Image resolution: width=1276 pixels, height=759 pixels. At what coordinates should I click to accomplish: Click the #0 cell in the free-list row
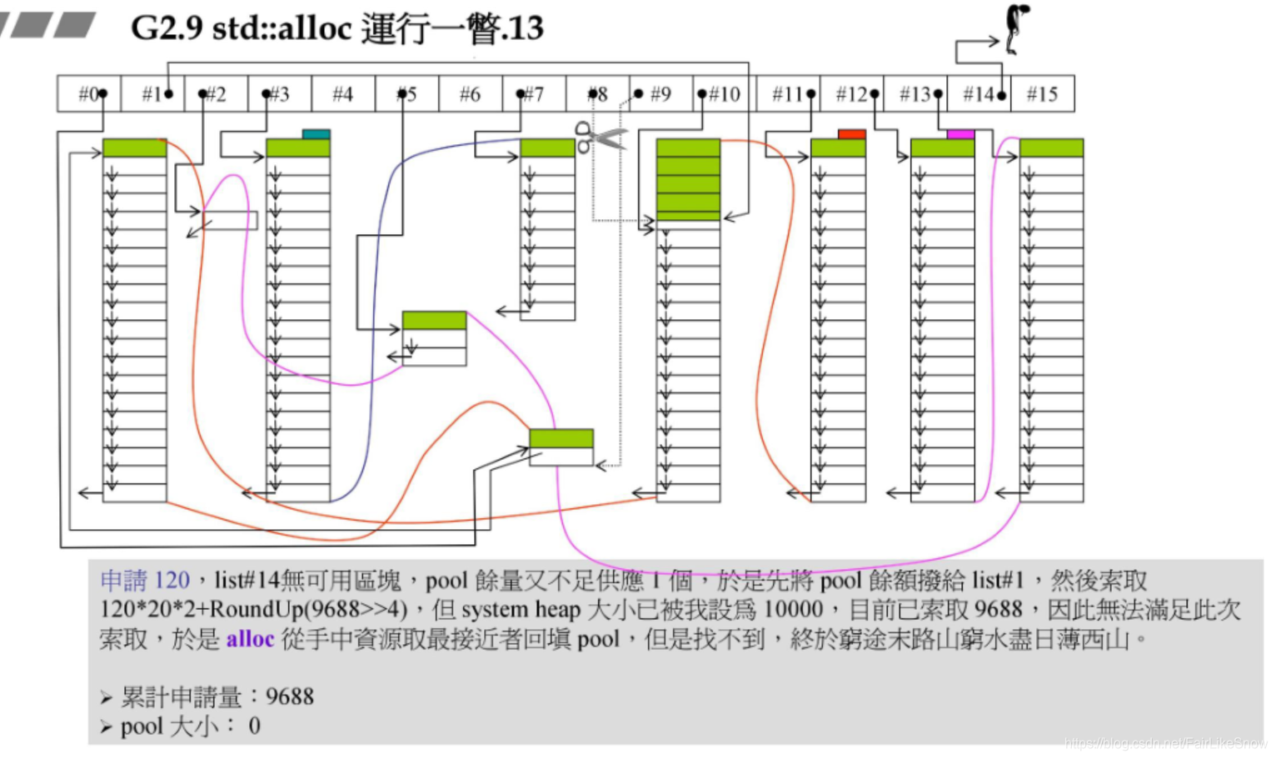pos(89,94)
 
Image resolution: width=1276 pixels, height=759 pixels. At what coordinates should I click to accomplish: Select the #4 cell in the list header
pos(342,94)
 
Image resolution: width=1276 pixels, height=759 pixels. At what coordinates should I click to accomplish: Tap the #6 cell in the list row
pos(470,94)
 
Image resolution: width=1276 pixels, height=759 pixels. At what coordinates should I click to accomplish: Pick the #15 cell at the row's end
pos(1042,94)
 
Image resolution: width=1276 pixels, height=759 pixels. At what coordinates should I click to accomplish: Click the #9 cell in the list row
pos(660,94)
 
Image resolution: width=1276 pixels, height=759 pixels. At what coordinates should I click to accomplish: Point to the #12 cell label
pos(851,94)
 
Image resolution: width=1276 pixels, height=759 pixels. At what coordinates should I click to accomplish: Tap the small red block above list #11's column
pos(851,133)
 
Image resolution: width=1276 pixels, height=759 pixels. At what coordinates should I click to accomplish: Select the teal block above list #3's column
pos(316,133)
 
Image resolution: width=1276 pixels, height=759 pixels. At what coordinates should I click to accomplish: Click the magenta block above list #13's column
pos(960,133)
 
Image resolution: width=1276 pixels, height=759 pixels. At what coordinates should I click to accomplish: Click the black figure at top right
pos(1017,27)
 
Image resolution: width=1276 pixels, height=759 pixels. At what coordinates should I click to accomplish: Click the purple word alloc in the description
pos(250,639)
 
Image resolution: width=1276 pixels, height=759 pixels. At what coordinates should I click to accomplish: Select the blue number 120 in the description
pos(172,580)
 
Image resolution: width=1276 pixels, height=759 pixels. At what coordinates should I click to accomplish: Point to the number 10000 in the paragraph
pos(793,609)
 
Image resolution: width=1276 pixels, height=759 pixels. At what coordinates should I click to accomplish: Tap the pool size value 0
pos(254,727)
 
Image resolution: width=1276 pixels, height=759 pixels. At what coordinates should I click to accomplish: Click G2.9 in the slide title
pos(167,28)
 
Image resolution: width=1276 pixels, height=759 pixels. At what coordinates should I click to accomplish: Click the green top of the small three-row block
pos(434,320)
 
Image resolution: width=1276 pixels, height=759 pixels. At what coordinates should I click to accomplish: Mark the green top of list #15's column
pos(1051,148)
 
